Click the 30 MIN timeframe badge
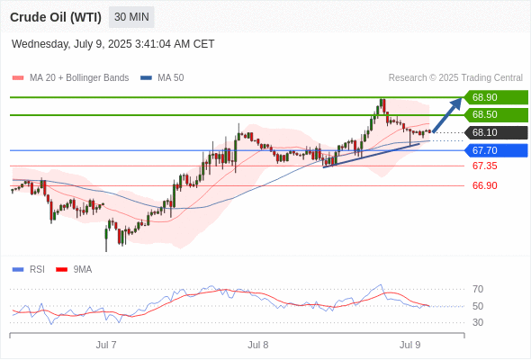[131, 17]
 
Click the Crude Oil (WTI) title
[56, 17]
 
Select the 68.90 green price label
[496, 97]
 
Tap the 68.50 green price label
[496, 115]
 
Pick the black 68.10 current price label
[496, 133]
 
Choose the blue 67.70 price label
[496, 150]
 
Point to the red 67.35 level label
[485, 166]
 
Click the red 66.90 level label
[485, 185]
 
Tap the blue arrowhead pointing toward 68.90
[456, 103]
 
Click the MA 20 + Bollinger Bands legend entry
[70, 78]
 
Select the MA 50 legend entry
[162, 78]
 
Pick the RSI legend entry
[29, 270]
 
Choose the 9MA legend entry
[74, 270]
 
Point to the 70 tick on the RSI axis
[478, 289]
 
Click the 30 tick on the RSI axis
[478, 322]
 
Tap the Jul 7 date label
[106, 345]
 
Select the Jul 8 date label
[258, 345]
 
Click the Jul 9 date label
[410, 345]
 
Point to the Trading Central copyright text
[455, 78]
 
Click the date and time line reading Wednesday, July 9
[113, 44]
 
